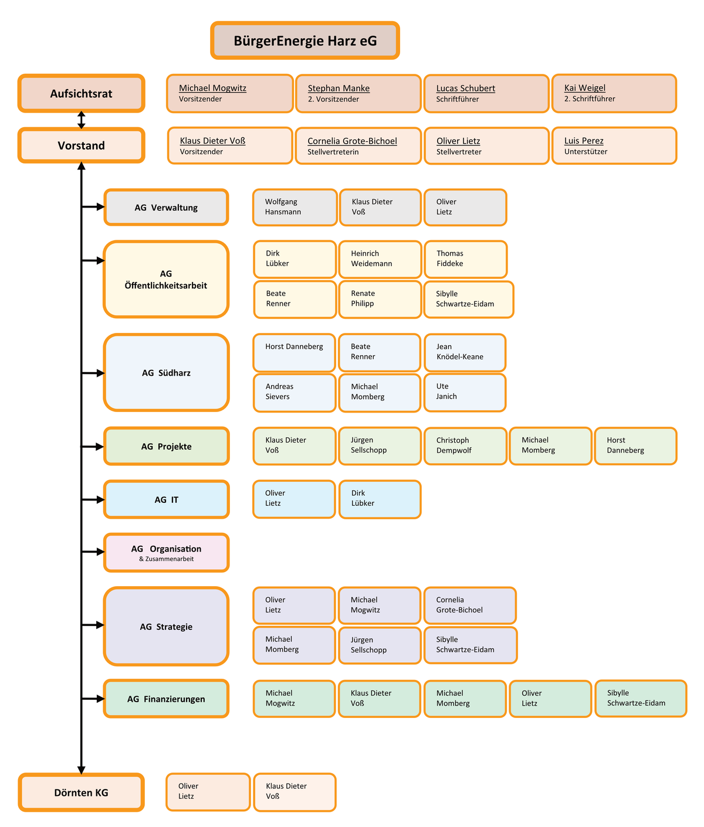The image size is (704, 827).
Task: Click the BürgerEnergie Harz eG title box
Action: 305,40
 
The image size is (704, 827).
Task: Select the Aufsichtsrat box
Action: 81,93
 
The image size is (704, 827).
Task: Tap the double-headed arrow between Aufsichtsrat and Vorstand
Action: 82,120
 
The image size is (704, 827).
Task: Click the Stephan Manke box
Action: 358,93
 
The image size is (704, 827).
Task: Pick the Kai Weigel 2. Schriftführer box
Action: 614,93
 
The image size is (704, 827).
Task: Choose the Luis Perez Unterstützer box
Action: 614,145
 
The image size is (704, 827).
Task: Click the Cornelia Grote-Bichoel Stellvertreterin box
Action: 358,146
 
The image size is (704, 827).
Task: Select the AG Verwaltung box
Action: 166,207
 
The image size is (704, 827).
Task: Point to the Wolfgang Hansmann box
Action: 295,207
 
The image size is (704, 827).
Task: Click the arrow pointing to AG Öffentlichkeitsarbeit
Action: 93,260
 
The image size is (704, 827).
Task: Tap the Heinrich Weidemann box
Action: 380,258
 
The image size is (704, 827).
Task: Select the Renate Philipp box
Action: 380,299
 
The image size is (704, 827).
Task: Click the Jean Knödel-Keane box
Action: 465,352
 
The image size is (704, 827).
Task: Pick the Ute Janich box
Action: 465,392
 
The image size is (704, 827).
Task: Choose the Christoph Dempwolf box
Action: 465,445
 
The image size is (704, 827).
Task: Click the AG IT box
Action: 166,499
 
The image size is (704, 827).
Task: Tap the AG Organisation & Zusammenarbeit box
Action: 166,552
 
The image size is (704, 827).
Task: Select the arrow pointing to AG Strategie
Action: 93,625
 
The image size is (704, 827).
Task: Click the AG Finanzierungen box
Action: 166,699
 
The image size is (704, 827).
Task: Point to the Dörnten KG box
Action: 81,792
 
